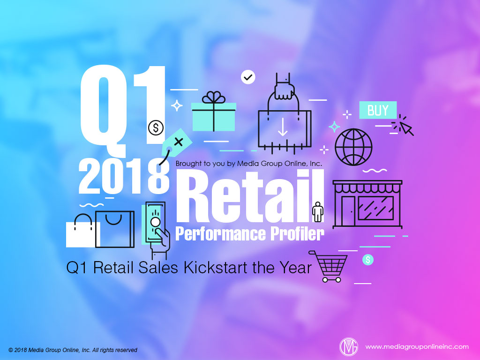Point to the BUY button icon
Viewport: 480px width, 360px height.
point(378,110)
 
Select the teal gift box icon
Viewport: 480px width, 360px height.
point(214,112)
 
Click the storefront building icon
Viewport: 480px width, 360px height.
point(367,204)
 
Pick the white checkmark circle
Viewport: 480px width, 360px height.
point(248,77)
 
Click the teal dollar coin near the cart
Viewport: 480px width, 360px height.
point(368,259)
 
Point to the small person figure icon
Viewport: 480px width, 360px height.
point(318,212)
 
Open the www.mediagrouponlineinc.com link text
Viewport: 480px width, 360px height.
point(417,347)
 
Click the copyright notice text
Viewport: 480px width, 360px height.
point(73,350)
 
